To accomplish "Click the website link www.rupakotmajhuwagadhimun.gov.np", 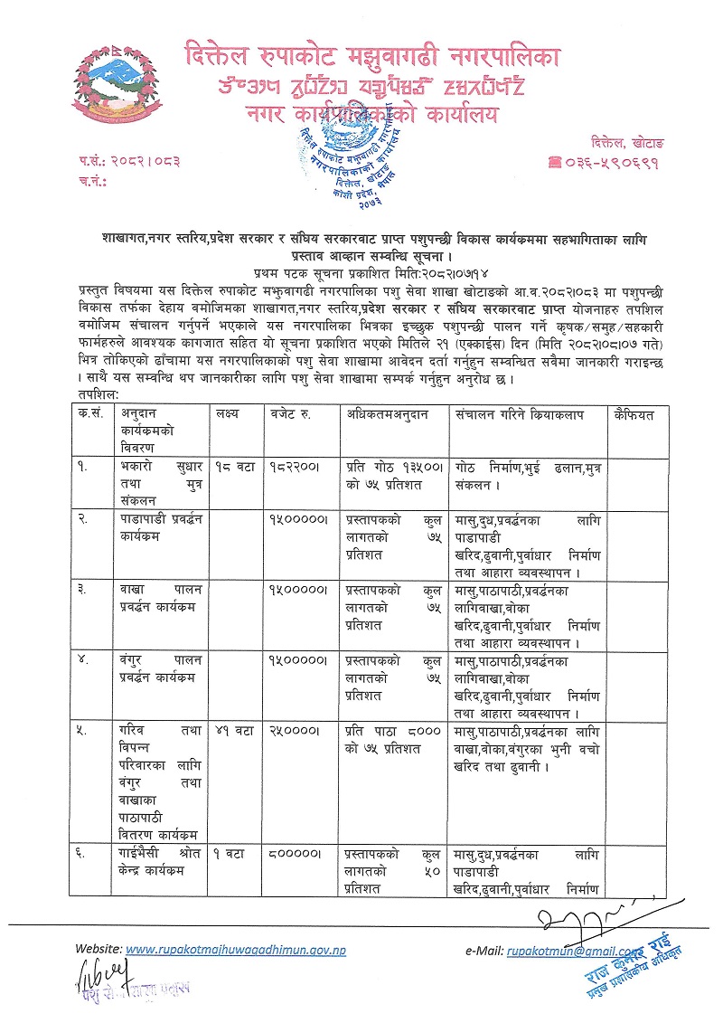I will click(235, 951).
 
